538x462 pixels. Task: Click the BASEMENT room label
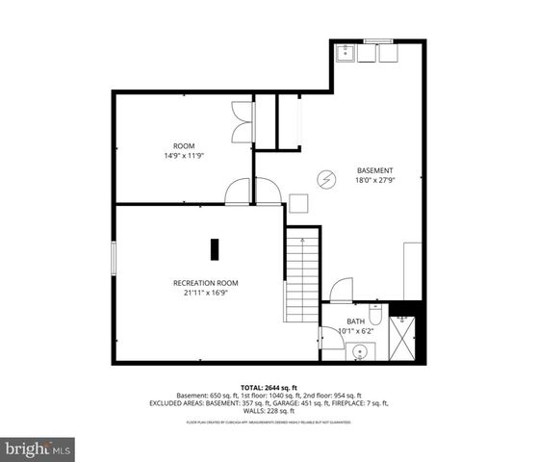[x=374, y=169]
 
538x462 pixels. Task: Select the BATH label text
[x=356, y=321]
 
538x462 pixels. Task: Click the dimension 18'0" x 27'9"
[x=374, y=180]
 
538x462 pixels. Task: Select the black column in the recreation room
[x=216, y=247]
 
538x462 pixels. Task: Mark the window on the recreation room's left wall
[x=115, y=259]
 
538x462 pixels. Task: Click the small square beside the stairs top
[x=298, y=203]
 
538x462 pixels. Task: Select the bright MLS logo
[x=38, y=448]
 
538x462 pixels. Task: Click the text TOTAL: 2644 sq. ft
[x=269, y=387]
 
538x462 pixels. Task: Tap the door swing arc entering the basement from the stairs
[x=342, y=290]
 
